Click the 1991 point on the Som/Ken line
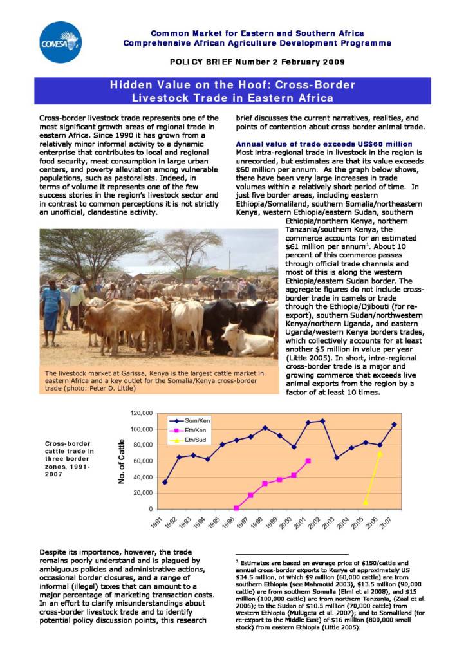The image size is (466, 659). tap(165, 482)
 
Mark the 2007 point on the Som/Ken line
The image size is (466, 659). tap(393, 425)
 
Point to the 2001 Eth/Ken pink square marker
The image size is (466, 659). tap(308, 461)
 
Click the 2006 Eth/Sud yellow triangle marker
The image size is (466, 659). tap(380, 454)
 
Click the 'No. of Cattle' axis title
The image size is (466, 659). tap(122, 461)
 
